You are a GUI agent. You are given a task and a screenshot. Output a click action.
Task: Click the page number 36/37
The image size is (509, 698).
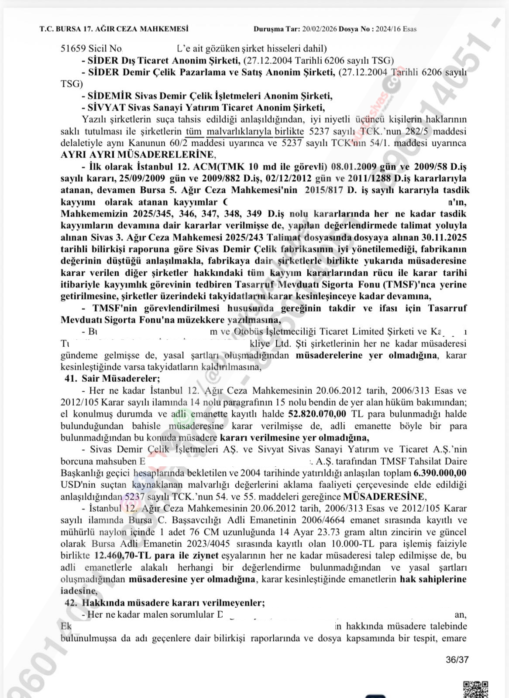(x=457, y=660)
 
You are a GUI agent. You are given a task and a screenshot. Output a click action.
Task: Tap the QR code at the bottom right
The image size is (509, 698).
(x=475, y=688)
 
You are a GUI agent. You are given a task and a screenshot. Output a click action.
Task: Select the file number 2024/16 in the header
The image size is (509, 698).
(x=388, y=29)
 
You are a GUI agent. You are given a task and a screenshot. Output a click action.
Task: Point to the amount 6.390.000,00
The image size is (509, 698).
(x=440, y=473)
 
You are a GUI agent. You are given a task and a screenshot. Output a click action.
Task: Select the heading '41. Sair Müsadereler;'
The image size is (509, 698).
(x=112, y=379)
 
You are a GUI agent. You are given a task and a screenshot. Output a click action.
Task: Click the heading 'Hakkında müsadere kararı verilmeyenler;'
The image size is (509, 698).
(x=173, y=603)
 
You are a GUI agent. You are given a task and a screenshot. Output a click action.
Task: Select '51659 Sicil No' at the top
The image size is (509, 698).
(x=91, y=48)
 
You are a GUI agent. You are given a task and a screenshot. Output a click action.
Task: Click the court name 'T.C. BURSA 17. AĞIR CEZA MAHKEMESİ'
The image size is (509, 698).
(x=114, y=29)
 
